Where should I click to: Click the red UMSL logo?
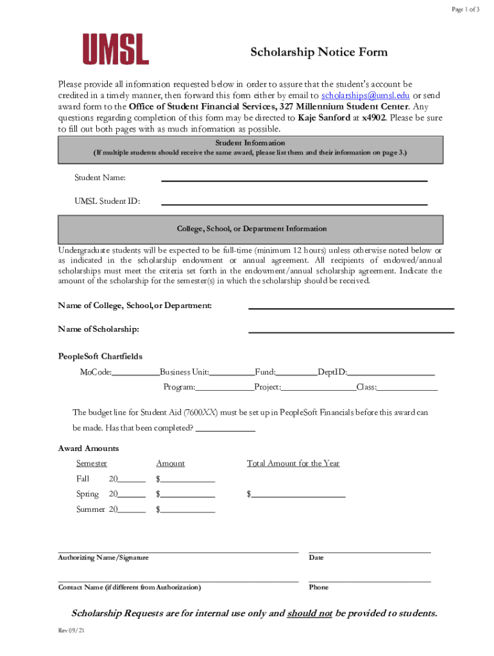pos(115,49)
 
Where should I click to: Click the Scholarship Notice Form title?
pos(319,53)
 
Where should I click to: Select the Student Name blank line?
pos(294,179)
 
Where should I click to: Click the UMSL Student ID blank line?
pos(294,202)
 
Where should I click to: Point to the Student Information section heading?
pos(250,143)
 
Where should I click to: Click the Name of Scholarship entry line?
pos(351,331)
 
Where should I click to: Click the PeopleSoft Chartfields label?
pos(100,356)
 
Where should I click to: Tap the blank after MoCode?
pos(136,373)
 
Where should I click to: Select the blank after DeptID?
pos(391,373)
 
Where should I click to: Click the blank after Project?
pos(319,389)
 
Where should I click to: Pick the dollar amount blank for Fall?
pos(188,481)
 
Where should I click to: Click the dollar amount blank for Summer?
pos(188,512)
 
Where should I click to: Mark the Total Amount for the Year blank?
pos(298,496)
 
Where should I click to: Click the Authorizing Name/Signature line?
pos(178,550)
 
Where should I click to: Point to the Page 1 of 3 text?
pos(465,9)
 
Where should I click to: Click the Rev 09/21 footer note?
pos(71,631)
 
